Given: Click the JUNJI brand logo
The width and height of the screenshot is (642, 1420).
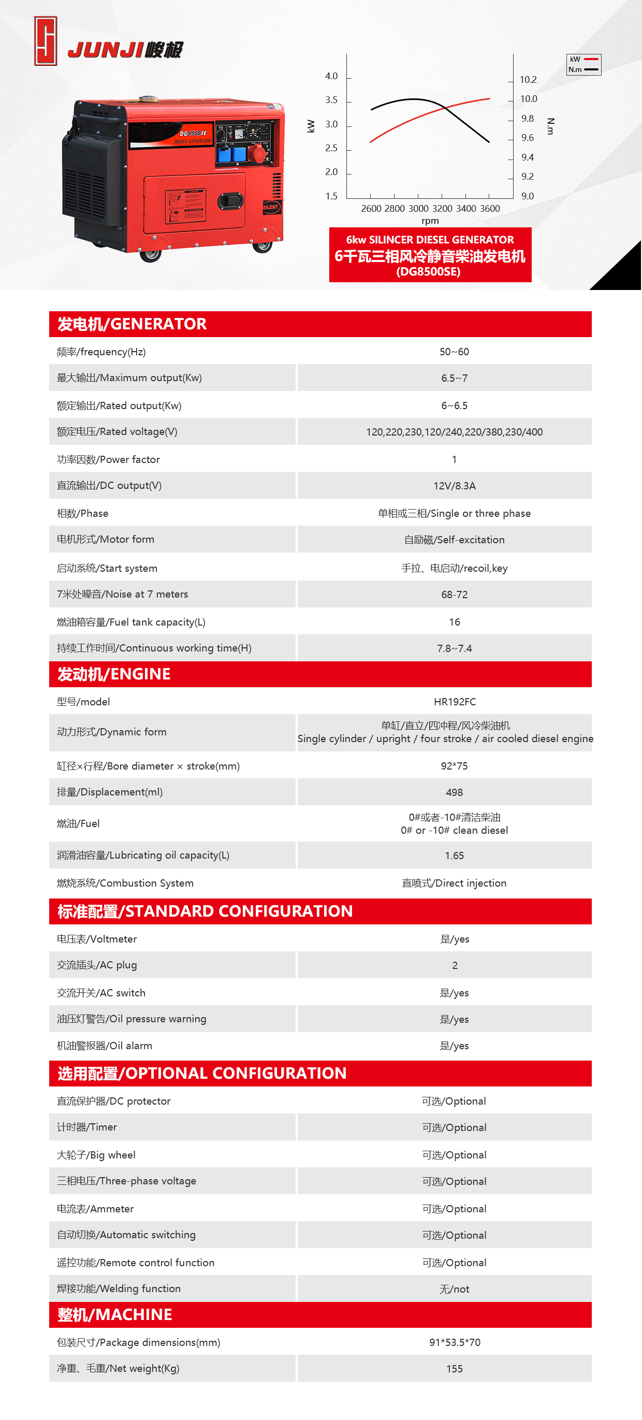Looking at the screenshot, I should (108, 43).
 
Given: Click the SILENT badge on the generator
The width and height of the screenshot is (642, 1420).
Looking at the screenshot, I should (271, 207).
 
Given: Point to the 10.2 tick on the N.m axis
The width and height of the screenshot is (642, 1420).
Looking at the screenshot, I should (528, 80).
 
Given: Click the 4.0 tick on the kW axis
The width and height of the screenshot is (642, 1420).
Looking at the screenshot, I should (331, 76).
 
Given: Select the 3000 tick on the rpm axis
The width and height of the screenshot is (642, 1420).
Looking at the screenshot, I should (418, 208).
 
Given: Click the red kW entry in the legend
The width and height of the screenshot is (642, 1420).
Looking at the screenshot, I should (583, 60).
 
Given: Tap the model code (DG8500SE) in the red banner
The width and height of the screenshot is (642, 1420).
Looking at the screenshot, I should (428, 271).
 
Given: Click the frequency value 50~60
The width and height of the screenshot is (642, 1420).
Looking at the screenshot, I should (454, 352).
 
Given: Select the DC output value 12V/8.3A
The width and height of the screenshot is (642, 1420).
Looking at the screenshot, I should (454, 486).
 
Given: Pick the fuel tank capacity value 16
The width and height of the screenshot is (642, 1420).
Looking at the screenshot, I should (454, 622).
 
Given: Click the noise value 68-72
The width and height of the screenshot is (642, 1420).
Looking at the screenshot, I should (454, 594).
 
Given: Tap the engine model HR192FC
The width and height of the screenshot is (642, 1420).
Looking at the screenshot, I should (454, 702).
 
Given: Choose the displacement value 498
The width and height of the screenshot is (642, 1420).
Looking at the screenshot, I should (454, 792).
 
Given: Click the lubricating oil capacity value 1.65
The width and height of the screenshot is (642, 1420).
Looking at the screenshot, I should (454, 856).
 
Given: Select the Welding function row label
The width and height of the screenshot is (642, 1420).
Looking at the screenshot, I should (119, 1288).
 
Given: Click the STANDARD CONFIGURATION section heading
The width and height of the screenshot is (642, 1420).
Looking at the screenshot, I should (205, 911).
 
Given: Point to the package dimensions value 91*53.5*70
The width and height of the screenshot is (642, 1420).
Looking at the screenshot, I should (454, 1342).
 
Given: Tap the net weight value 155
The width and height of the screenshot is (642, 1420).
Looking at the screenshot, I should (454, 1369).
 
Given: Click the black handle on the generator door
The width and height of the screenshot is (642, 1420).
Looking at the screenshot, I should (230, 200).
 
